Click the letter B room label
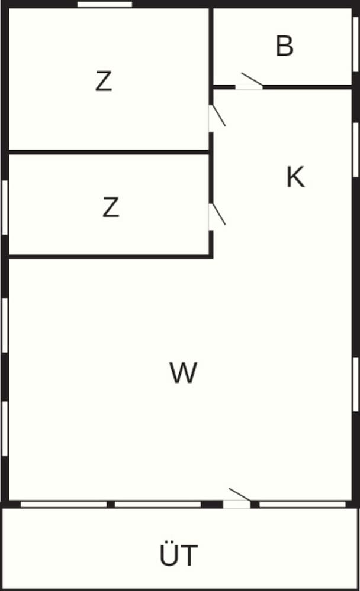285,46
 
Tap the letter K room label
295,177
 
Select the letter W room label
182,373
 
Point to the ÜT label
179,556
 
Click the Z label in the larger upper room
104,82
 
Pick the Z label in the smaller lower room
111,207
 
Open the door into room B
249,86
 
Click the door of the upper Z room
211,118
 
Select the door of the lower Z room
211,217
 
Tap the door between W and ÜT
237,504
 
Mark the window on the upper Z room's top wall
105,4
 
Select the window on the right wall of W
355,384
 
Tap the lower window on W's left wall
5,428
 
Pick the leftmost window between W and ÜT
63,504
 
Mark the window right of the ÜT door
302,504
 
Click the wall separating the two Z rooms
110,152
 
